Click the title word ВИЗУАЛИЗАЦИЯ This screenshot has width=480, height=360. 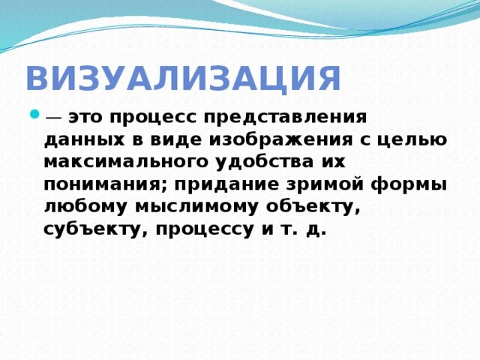coord(183,78)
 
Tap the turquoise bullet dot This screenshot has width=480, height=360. coord(34,115)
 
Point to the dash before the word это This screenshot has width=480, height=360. coord(53,118)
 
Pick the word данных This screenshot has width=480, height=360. coord(85,140)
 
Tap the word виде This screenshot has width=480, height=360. coord(176,139)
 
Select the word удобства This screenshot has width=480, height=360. coord(265,163)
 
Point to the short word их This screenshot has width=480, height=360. coord(333,162)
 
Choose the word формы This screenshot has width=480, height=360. coord(409,185)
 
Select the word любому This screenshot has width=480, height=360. coord(85,208)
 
